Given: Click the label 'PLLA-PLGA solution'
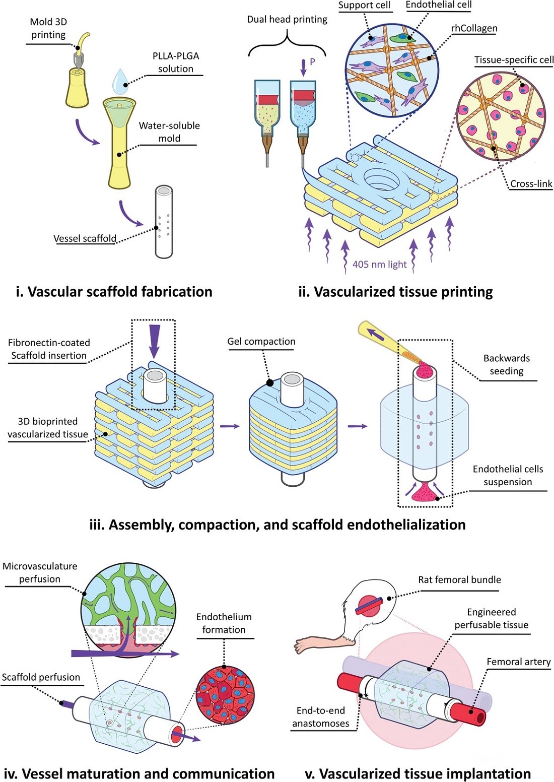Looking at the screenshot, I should tap(175, 62).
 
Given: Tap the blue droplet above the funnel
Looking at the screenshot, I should tap(120, 81).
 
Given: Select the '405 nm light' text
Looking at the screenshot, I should tap(379, 265).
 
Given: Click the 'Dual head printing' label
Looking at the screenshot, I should tap(287, 20).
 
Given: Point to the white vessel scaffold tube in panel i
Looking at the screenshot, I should tap(164, 222).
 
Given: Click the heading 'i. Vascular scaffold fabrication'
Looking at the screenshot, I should tap(114, 292).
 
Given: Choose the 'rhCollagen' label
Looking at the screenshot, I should tap(474, 28).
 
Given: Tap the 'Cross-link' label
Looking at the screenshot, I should tap(531, 184).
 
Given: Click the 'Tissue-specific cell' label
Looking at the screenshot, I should tap(514, 60).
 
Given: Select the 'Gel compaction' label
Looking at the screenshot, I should tap(261, 342).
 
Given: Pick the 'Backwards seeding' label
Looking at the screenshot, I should tap(506, 365).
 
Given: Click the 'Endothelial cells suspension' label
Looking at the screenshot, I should tap(508, 476).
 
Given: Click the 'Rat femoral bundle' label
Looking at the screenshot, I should tap(459, 580).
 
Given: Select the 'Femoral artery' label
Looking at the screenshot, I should tap(518, 662).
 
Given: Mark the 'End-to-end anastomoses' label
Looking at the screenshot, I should tap(320, 717).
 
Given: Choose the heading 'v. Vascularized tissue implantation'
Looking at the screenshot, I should tap(418, 774).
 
